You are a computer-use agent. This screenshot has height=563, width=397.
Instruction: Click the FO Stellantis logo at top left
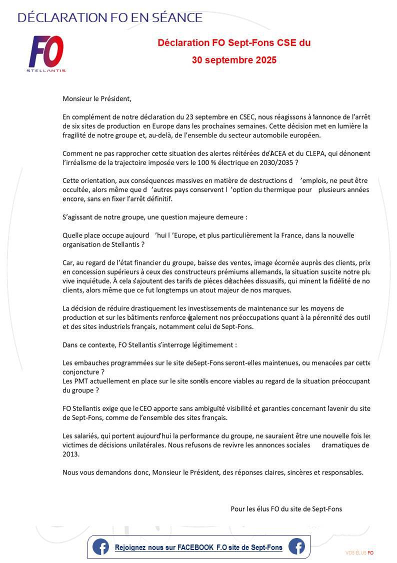point(46,53)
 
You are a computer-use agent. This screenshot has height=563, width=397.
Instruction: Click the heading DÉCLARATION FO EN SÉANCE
point(110,18)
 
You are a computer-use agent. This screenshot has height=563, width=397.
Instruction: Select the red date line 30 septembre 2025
point(234,60)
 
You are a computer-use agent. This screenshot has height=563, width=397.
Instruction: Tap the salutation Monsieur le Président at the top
point(97,99)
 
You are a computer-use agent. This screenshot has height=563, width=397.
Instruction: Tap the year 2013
point(71,454)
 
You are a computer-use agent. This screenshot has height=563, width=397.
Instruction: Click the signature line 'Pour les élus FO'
point(286,509)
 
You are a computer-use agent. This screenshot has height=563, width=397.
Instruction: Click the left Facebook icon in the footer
point(100,547)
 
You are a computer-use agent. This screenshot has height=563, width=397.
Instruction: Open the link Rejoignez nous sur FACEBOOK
point(198,547)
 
